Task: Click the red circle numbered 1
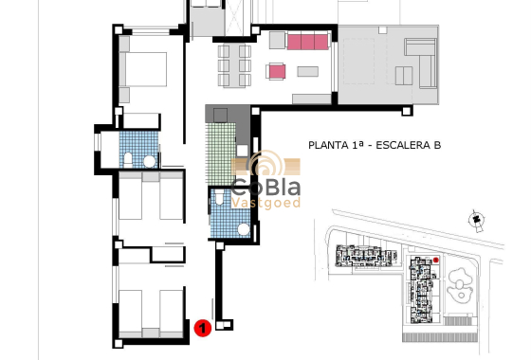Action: [202, 328]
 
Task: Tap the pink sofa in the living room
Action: [308, 42]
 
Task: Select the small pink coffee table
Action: [277, 71]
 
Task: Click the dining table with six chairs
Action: [237, 63]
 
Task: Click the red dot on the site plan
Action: [436, 260]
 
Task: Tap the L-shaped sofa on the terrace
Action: [420, 57]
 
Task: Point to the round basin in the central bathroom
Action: [243, 229]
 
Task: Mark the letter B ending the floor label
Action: [436, 146]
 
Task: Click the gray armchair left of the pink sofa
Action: [276, 41]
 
